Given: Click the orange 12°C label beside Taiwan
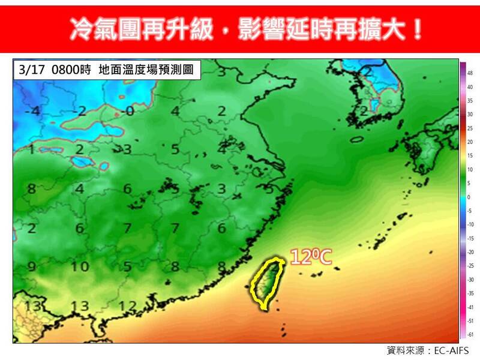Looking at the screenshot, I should (311, 257).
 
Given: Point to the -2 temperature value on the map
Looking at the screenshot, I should (82, 111).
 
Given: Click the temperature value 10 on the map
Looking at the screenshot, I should (80, 267).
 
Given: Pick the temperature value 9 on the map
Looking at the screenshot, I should (31, 267).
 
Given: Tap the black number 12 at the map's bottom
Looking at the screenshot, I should (127, 305).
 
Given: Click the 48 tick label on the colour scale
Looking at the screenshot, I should (470, 73).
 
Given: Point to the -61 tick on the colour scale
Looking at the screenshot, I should (470, 334).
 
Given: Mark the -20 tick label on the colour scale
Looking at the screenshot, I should (470, 252).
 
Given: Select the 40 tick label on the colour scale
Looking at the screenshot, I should (470, 86).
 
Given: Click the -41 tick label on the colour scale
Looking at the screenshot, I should (470, 307).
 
